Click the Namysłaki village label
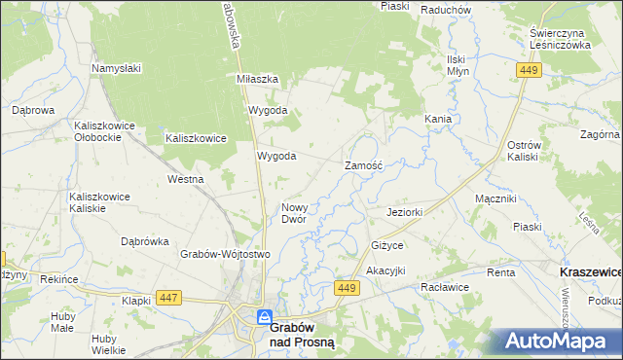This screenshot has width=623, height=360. point(117,68)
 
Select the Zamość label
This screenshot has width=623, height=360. point(365,166)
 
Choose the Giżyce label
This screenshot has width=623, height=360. point(386,245)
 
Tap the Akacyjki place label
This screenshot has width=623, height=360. point(385,270)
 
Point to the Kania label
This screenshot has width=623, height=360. point(437,119)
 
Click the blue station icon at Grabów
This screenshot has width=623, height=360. point(264,317)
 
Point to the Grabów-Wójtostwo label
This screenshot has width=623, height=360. point(224,254)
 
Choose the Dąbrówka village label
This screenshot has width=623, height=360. point(145,241)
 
